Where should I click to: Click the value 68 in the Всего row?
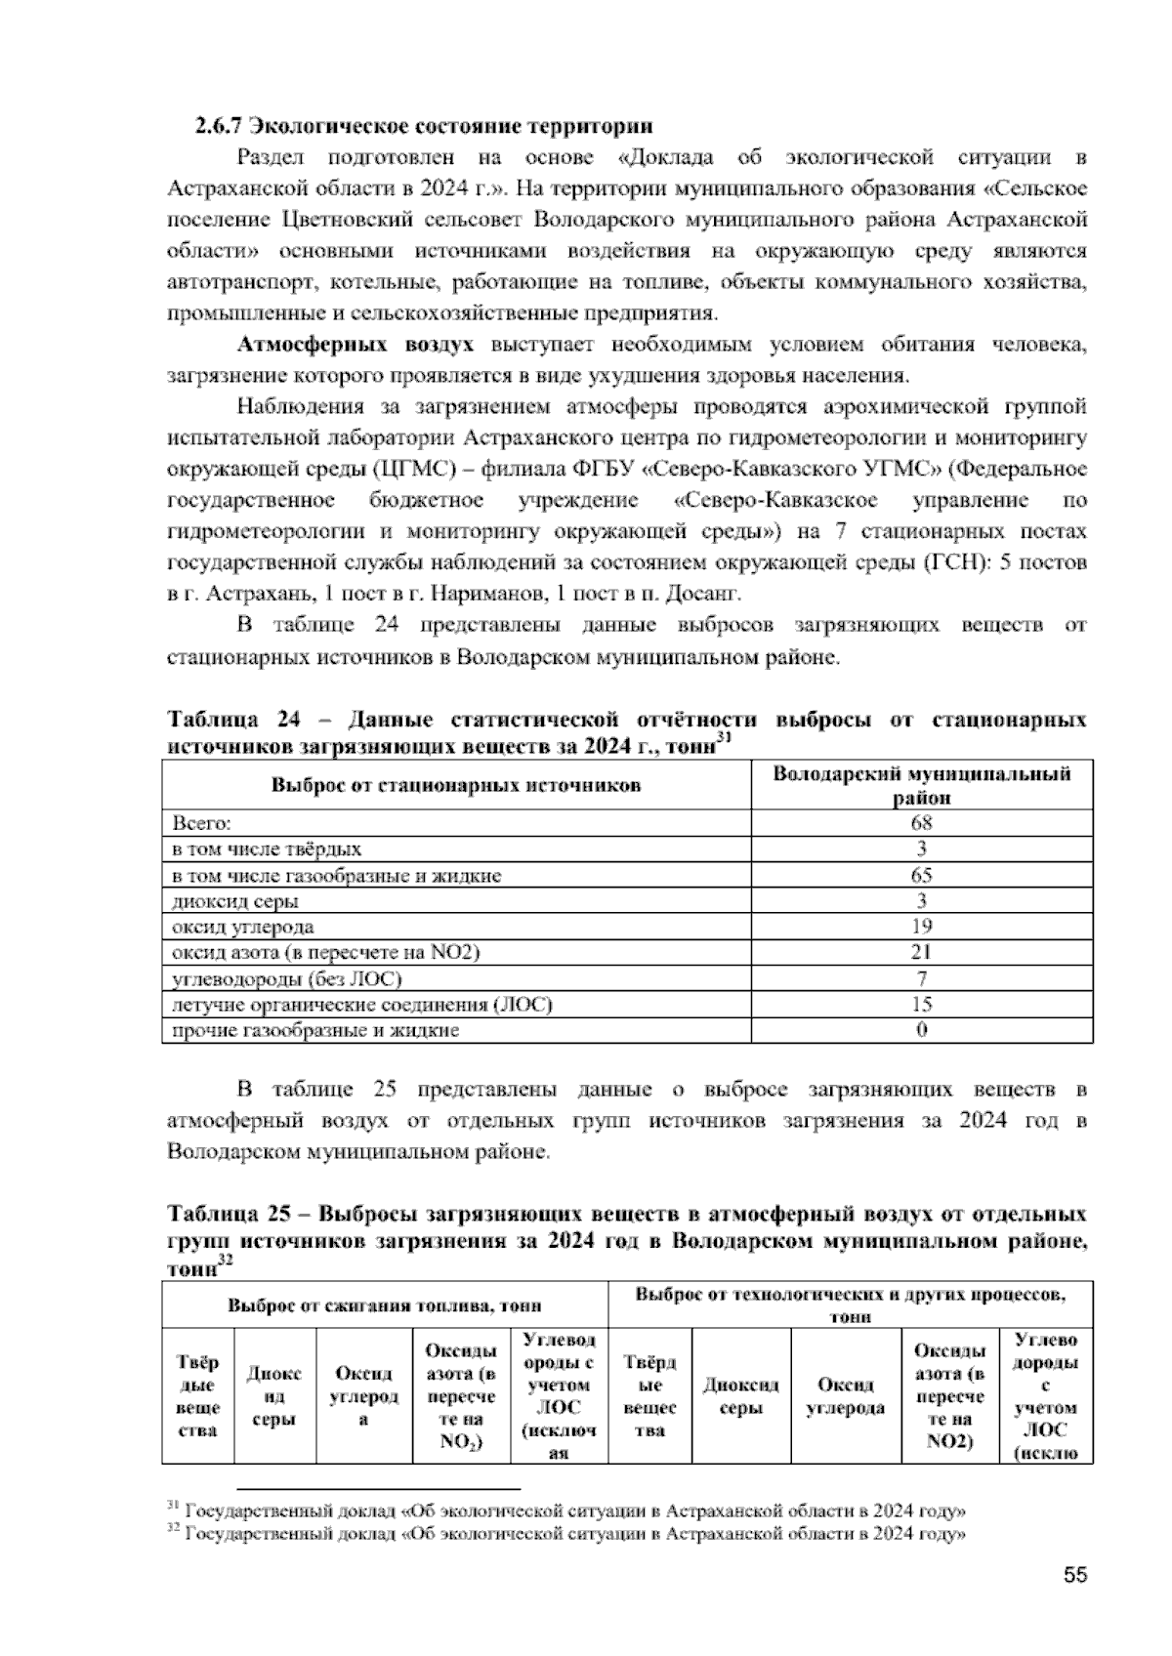pos(921,823)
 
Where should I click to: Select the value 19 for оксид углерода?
pos(921,927)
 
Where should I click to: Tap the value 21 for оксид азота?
pos(921,952)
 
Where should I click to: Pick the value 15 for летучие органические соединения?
pos(921,1004)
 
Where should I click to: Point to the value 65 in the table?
pos(921,875)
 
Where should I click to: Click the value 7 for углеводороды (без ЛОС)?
pos(921,978)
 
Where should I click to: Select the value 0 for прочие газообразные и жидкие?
pos(921,1030)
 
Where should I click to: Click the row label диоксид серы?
pos(235,901)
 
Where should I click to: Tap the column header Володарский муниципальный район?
pos(921,785)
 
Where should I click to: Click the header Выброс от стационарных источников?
pos(455,785)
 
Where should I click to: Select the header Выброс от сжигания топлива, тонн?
pos(385,1305)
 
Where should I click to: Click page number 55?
pos(1075,1575)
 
